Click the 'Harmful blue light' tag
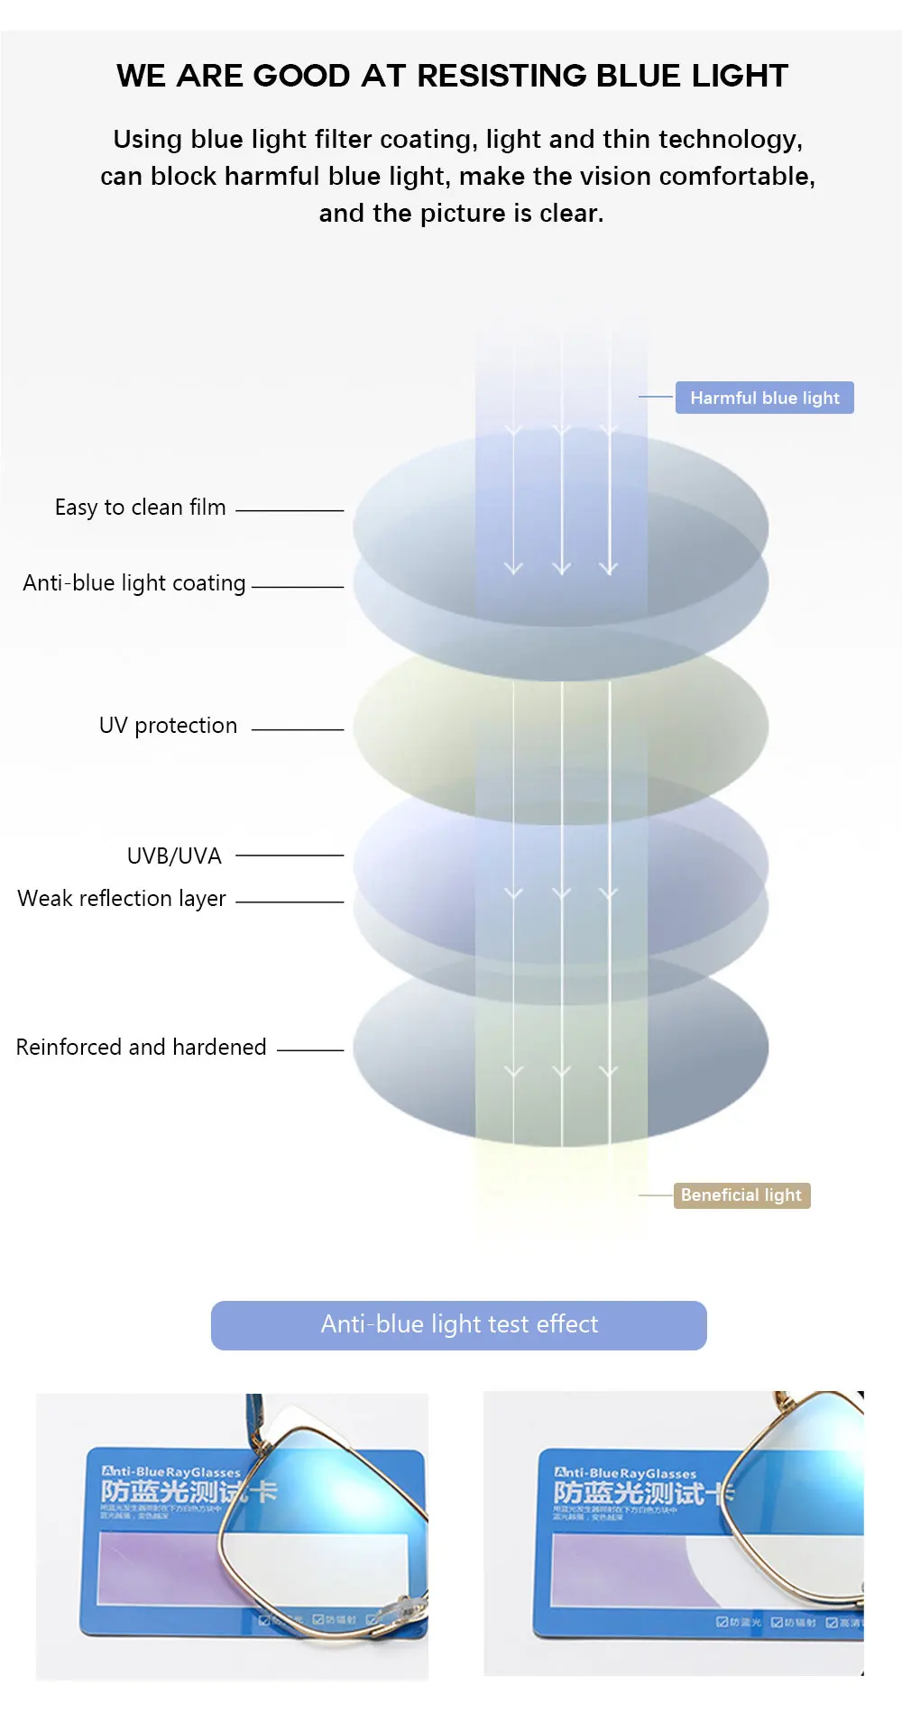pos(764,398)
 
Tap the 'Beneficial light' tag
pos(741,1195)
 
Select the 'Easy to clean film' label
pos(140,508)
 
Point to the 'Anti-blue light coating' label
pos(134,583)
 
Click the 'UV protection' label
pos(168,726)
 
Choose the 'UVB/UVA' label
pos(174,856)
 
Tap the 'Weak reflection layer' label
pos(122,899)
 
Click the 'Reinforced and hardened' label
pos(142,1047)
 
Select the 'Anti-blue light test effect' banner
pos(458,1324)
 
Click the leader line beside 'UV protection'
pos(298,729)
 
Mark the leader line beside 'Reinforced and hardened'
pos(310,1050)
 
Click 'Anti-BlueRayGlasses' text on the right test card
pos(625,1473)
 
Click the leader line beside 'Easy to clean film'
pos(290,510)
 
